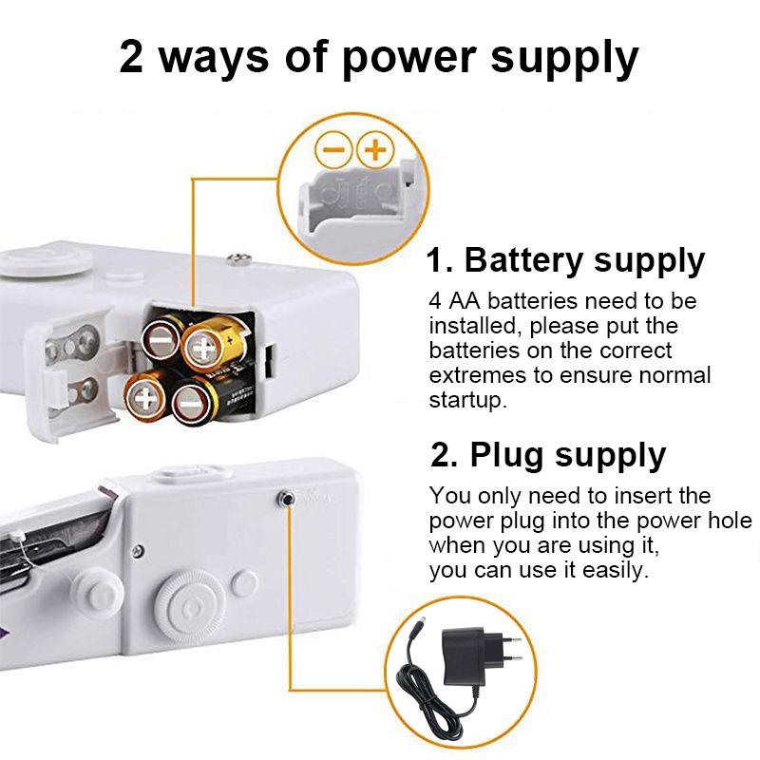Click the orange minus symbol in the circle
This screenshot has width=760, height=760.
point(334,149)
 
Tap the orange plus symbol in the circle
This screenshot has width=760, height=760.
point(376,149)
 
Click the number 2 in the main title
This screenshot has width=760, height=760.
point(132,57)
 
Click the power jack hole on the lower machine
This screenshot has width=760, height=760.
point(286,496)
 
